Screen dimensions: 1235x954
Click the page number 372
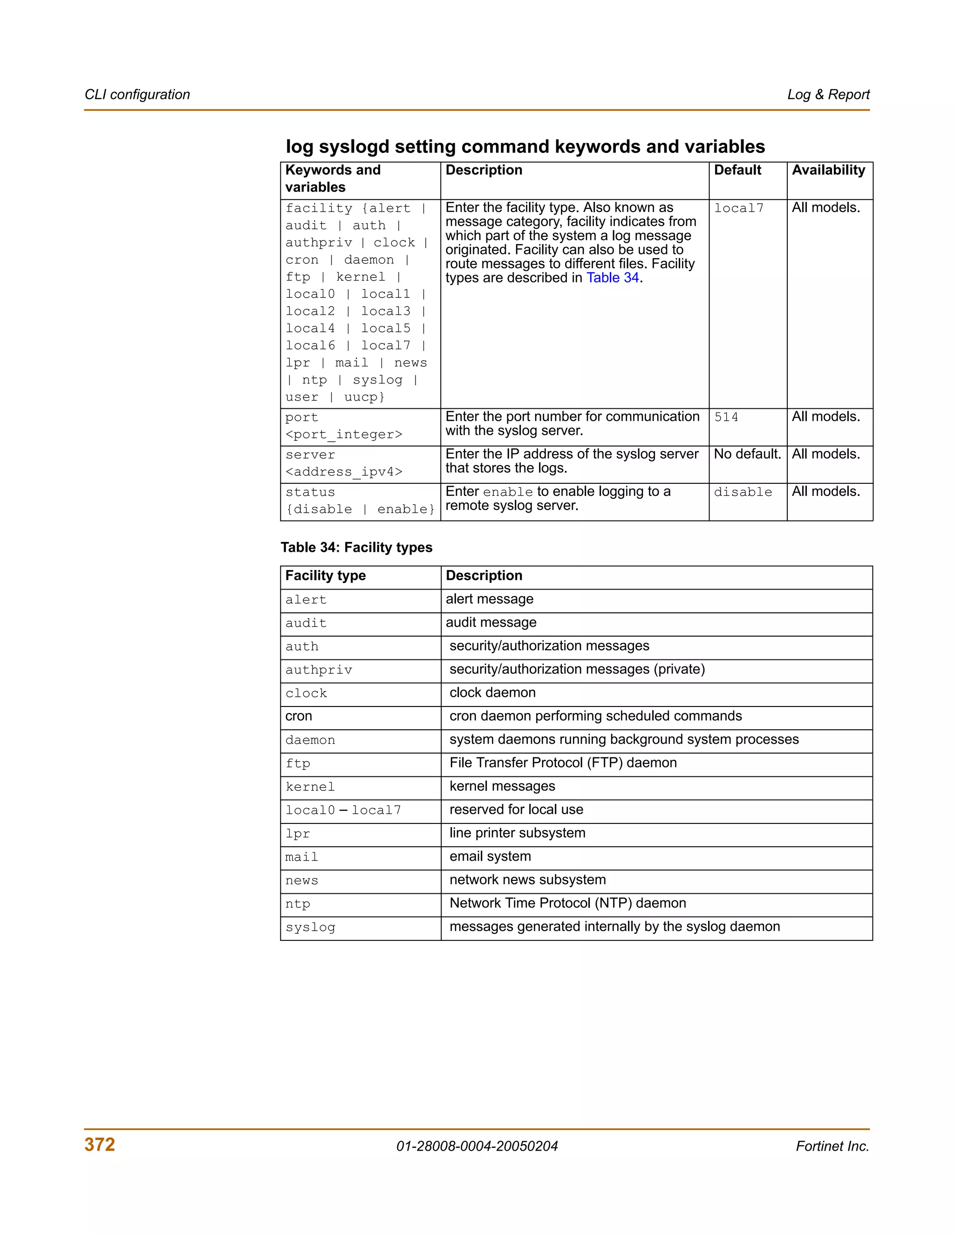click(100, 1144)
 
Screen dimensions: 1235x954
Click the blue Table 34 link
click(612, 278)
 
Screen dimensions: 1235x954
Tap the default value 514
click(726, 417)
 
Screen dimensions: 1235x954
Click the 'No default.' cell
click(747, 454)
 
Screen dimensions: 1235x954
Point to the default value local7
click(739, 208)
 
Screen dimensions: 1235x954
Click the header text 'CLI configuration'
click(137, 95)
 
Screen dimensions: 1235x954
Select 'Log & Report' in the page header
click(828, 95)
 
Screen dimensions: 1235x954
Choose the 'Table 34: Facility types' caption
click(357, 548)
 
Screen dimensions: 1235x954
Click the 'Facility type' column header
click(326, 576)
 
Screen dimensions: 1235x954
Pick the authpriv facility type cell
click(319, 670)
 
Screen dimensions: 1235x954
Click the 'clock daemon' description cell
click(492, 693)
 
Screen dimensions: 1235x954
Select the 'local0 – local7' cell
click(343, 810)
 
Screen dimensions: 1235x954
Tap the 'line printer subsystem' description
click(517, 833)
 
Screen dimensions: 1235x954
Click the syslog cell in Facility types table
click(310, 927)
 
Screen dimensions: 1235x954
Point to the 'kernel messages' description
click(502, 786)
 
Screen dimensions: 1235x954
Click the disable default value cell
click(743, 492)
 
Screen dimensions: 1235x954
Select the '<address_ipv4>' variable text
click(344, 472)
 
